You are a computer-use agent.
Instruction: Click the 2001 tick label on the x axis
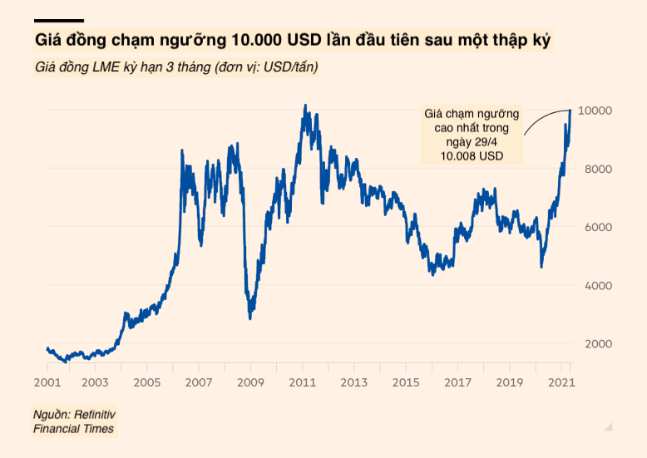pyautogui.click(x=47, y=382)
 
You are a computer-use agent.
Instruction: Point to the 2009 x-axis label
pyautogui.click(x=250, y=382)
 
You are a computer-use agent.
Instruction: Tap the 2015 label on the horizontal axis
pyautogui.click(x=404, y=382)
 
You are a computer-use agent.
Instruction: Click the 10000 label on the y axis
pyautogui.click(x=596, y=111)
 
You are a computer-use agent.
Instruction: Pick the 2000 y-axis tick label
pyautogui.click(x=596, y=344)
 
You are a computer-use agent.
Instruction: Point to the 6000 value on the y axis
pyautogui.click(x=596, y=227)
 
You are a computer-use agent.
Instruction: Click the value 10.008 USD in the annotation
pyautogui.click(x=472, y=155)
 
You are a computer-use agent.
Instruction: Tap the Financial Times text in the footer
pyautogui.click(x=73, y=428)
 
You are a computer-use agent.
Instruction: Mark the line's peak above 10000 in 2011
pyautogui.click(x=305, y=106)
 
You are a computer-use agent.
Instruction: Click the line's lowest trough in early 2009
pyautogui.click(x=249, y=318)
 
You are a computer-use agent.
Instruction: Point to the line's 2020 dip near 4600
pyautogui.click(x=541, y=266)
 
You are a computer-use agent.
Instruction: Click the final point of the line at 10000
pyautogui.click(x=570, y=110)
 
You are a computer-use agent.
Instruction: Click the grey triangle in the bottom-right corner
pyautogui.click(x=609, y=426)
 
